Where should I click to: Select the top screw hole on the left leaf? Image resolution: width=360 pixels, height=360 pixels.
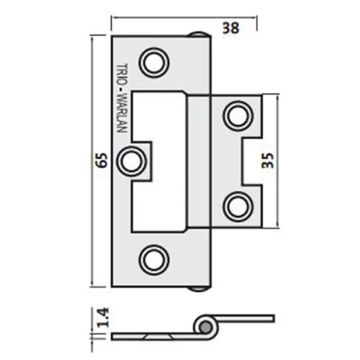(153, 61)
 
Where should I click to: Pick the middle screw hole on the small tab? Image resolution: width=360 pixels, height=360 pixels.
(131, 160)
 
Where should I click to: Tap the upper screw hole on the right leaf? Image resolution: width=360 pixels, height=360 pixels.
(235, 115)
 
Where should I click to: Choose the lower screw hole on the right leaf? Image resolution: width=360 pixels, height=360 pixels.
(235, 206)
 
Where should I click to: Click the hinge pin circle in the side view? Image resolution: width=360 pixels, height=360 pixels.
(205, 326)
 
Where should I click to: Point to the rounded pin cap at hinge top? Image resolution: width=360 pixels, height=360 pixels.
(198, 34)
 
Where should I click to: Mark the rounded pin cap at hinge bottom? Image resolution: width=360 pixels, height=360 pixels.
(198, 286)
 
